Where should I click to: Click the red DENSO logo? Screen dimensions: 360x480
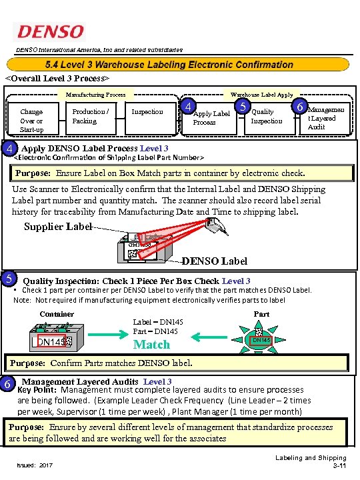coord(51,32)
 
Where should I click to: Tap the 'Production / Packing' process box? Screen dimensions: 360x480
coord(91,116)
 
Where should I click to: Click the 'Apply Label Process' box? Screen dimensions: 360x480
coord(211,117)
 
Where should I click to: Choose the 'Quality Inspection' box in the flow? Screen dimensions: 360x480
coord(267,116)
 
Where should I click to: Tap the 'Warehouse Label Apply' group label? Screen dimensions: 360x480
coord(261,95)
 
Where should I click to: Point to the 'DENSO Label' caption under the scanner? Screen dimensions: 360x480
coord(213,260)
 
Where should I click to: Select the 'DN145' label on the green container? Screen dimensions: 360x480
coord(51,342)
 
